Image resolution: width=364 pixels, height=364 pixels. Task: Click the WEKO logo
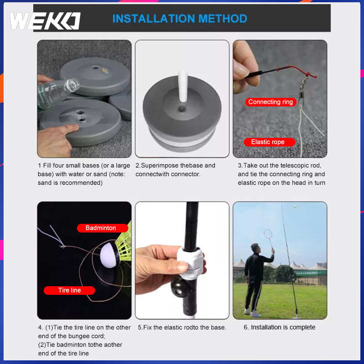pos(45,21)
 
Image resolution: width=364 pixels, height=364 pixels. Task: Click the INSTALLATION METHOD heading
pos(180,19)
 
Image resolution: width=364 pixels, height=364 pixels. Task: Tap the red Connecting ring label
pos(271,102)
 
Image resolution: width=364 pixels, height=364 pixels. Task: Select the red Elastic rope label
pos(269,142)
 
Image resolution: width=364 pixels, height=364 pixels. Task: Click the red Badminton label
pos(102,228)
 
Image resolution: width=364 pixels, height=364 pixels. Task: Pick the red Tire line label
pos(70,290)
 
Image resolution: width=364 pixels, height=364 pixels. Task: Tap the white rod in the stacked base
pos(183,86)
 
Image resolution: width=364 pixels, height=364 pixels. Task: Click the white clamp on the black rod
pos(191,263)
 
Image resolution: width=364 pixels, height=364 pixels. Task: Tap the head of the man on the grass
pos(255,248)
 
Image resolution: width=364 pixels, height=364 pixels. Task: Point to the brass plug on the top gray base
pos(105,70)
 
